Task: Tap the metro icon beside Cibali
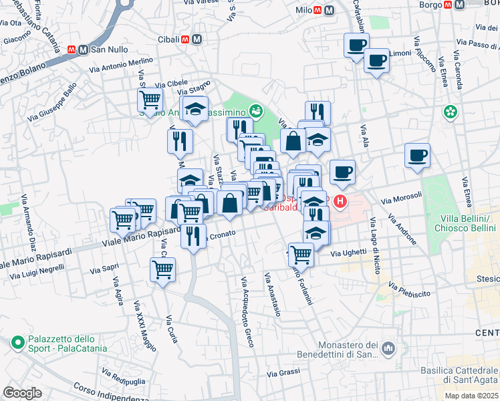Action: [197, 39]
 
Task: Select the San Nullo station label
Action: [109, 49]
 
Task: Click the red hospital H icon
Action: [340, 200]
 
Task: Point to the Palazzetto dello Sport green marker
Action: [17, 343]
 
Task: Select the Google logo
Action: [22, 393]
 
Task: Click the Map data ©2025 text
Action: [472, 396]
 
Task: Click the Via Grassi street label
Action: [283, 372]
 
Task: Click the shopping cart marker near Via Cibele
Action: [150, 100]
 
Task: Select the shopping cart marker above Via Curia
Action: [162, 270]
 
